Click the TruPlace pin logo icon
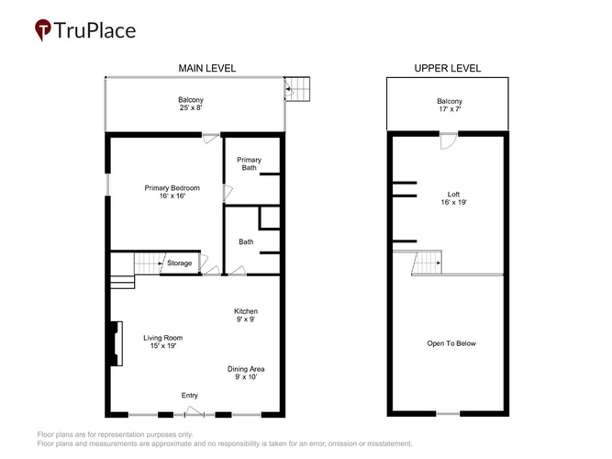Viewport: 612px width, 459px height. (43, 29)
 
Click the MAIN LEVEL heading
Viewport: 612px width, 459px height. (206, 68)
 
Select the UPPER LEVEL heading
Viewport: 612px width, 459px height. (447, 68)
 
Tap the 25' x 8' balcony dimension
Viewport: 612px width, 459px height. (191, 107)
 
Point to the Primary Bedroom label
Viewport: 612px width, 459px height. (172, 188)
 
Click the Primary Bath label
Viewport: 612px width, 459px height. (249, 163)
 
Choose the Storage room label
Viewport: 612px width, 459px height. (180, 263)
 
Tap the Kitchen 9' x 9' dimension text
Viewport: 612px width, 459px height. (246, 319)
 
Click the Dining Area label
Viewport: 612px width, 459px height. (246, 369)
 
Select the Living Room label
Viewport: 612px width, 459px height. (162, 338)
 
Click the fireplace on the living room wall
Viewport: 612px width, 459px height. (117, 343)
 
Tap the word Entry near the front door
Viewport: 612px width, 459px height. (189, 396)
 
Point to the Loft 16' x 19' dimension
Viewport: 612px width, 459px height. (453, 202)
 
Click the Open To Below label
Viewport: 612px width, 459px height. (451, 343)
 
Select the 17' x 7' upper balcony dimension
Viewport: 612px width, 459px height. (450, 109)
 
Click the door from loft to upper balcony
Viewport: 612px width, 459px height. (449, 141)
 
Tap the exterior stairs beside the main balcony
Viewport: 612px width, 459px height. (297, 89)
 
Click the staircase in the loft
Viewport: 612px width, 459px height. (427, 263)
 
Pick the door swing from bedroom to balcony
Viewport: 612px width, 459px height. (211, 139)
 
